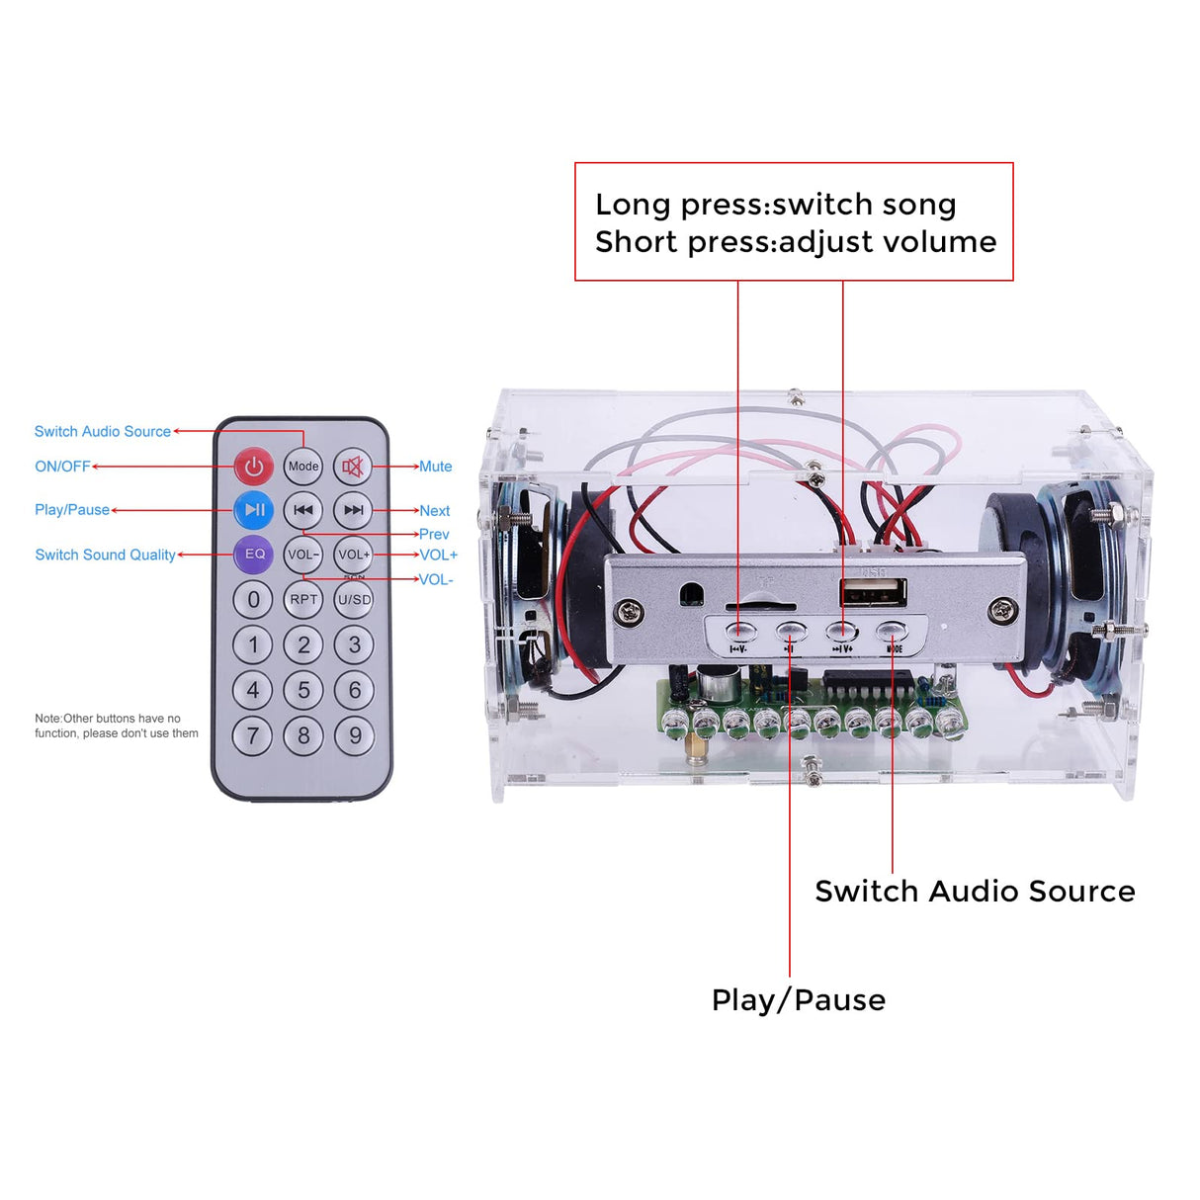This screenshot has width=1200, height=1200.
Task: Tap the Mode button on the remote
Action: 303,466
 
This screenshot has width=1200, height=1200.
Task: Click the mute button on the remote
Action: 353,466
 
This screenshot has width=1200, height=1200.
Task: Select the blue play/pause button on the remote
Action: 254,510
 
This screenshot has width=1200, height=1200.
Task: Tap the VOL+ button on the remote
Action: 353,555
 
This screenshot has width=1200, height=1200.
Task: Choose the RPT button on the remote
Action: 303,599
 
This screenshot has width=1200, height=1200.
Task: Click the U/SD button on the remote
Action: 354,599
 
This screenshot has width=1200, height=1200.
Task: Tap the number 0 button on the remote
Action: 253,599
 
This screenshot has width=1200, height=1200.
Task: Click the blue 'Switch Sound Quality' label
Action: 105,555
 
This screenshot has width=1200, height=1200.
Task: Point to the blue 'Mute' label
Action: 435,467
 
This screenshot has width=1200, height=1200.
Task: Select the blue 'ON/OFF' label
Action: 62,467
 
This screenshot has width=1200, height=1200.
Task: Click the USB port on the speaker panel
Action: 873,593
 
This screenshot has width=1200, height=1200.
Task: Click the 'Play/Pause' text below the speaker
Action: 798,1000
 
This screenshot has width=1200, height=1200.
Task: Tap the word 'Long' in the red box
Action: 633,205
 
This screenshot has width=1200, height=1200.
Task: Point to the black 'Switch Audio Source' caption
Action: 974,891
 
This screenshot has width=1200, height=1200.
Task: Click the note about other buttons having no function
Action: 117,726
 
